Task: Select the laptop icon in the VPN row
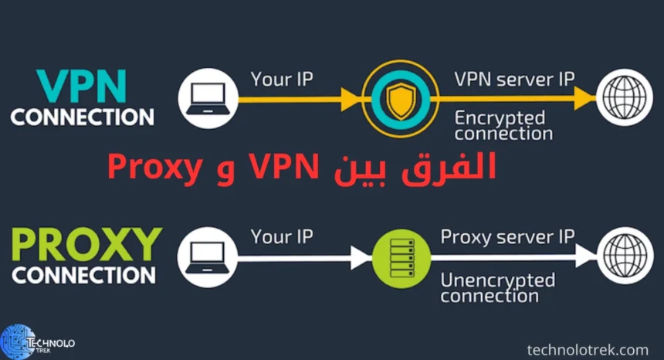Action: [206, 100]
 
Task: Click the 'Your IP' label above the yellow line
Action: [283, 79]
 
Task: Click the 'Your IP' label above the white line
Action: [283, 237]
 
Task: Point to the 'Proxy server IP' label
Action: [506, 236]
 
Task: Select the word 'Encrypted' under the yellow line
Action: [500, 117]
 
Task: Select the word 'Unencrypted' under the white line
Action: [497, 279]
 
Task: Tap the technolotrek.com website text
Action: [587, 350]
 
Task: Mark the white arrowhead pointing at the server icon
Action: [361, 258]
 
